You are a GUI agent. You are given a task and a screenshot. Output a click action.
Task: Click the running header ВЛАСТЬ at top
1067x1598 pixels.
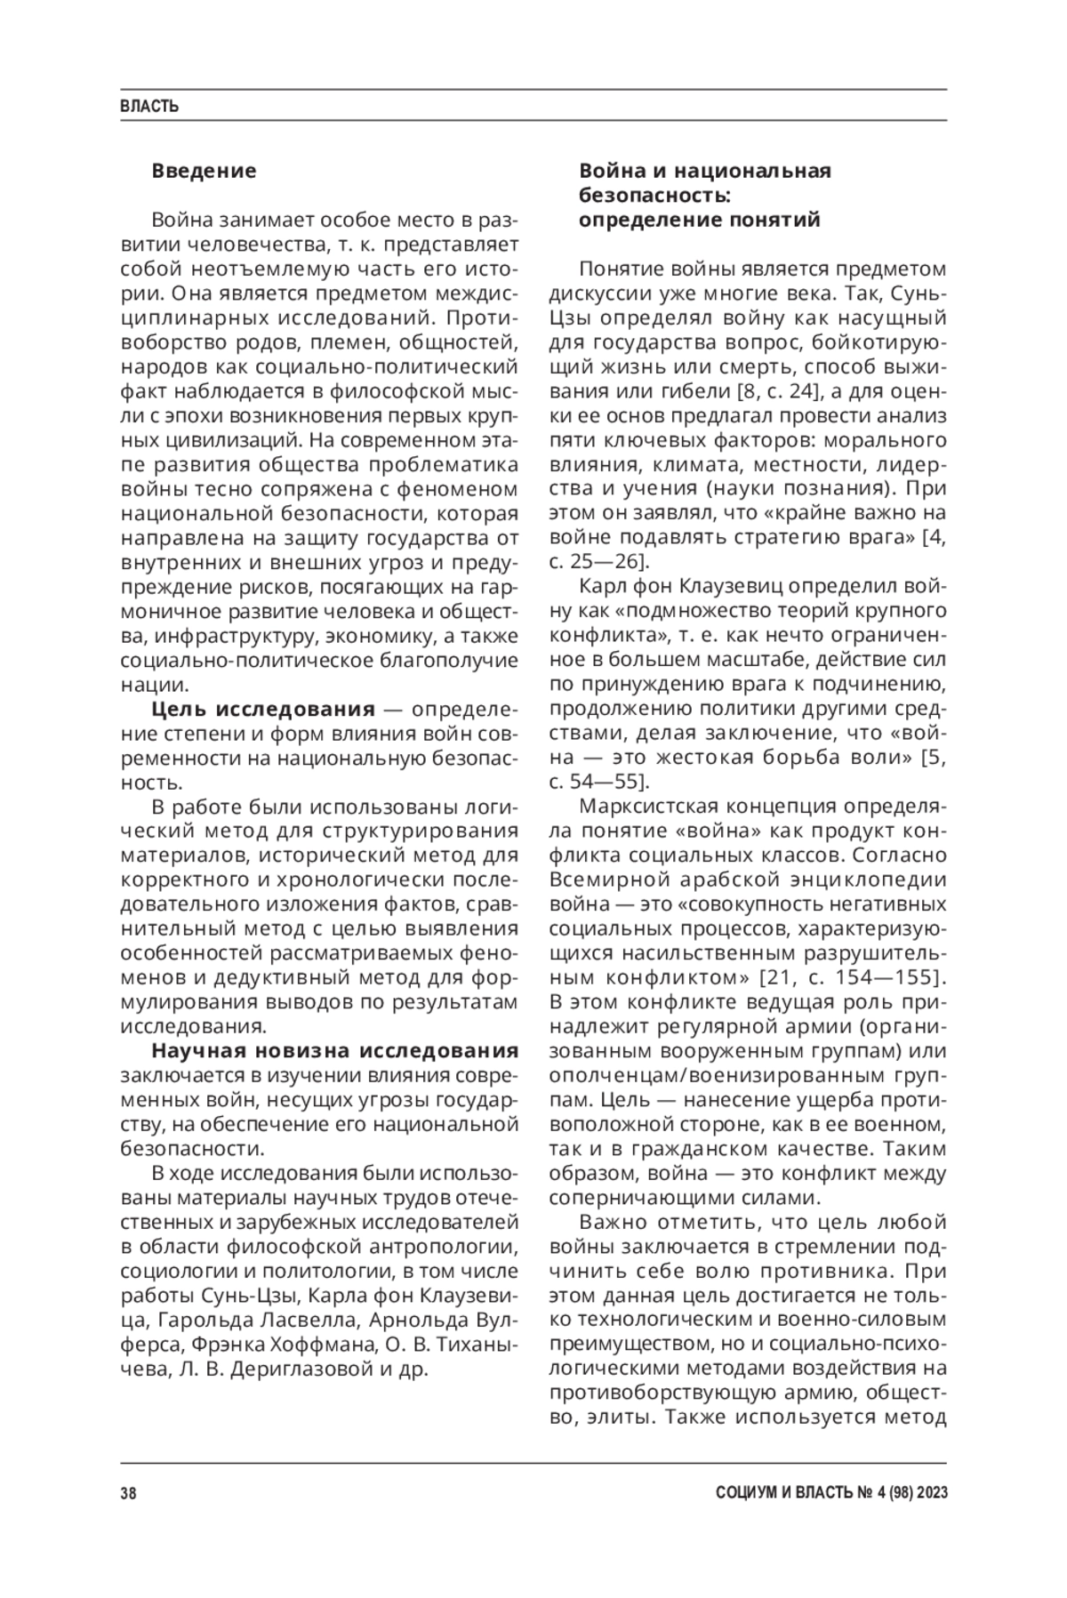coord(149,107)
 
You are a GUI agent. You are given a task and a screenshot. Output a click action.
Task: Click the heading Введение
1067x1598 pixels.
coord(204,170)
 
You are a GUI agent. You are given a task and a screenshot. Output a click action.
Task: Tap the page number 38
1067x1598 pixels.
coord(128,1493)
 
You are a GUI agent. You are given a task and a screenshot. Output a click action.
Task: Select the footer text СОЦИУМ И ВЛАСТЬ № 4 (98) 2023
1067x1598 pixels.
coord(830,1493)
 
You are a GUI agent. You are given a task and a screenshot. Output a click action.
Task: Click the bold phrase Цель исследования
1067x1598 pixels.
coord(263,709)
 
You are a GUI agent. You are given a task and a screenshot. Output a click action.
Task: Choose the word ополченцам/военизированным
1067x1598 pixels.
coord(702,1074)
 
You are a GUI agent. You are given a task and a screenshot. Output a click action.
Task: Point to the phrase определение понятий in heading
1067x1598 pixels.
coord(700,220)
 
